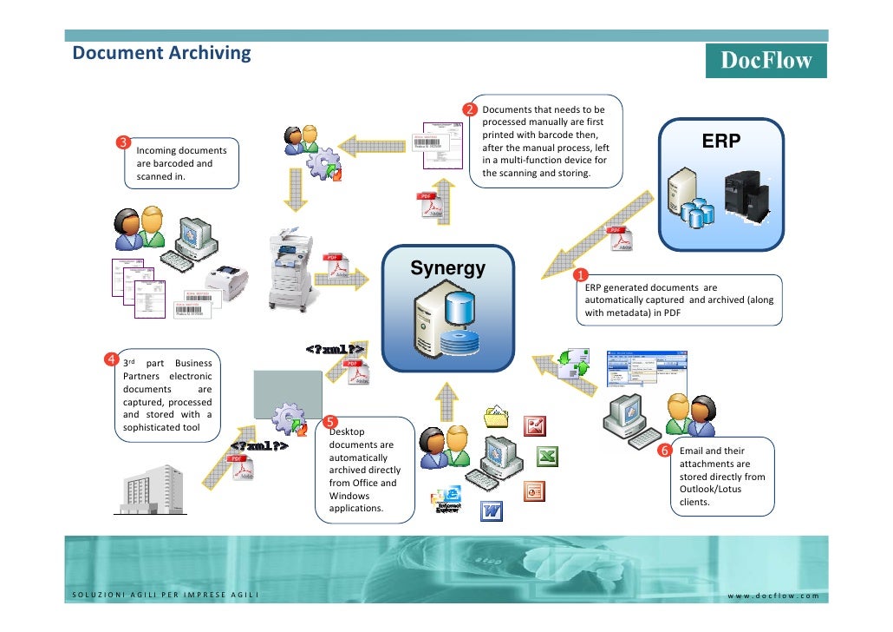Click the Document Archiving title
(x=161, y=53)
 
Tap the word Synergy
(x=447, y=268)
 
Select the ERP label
(x=720, y=142)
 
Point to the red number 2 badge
(x=469, y=110)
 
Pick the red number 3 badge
(x=124, y=142)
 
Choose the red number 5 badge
(x=330, y=421)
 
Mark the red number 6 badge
(x=664, y=451)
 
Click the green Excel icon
(x=546, y=457)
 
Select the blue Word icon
(x=492, y=510)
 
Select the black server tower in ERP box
(x=745, y=194)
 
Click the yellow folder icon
(x=496, y=416)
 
